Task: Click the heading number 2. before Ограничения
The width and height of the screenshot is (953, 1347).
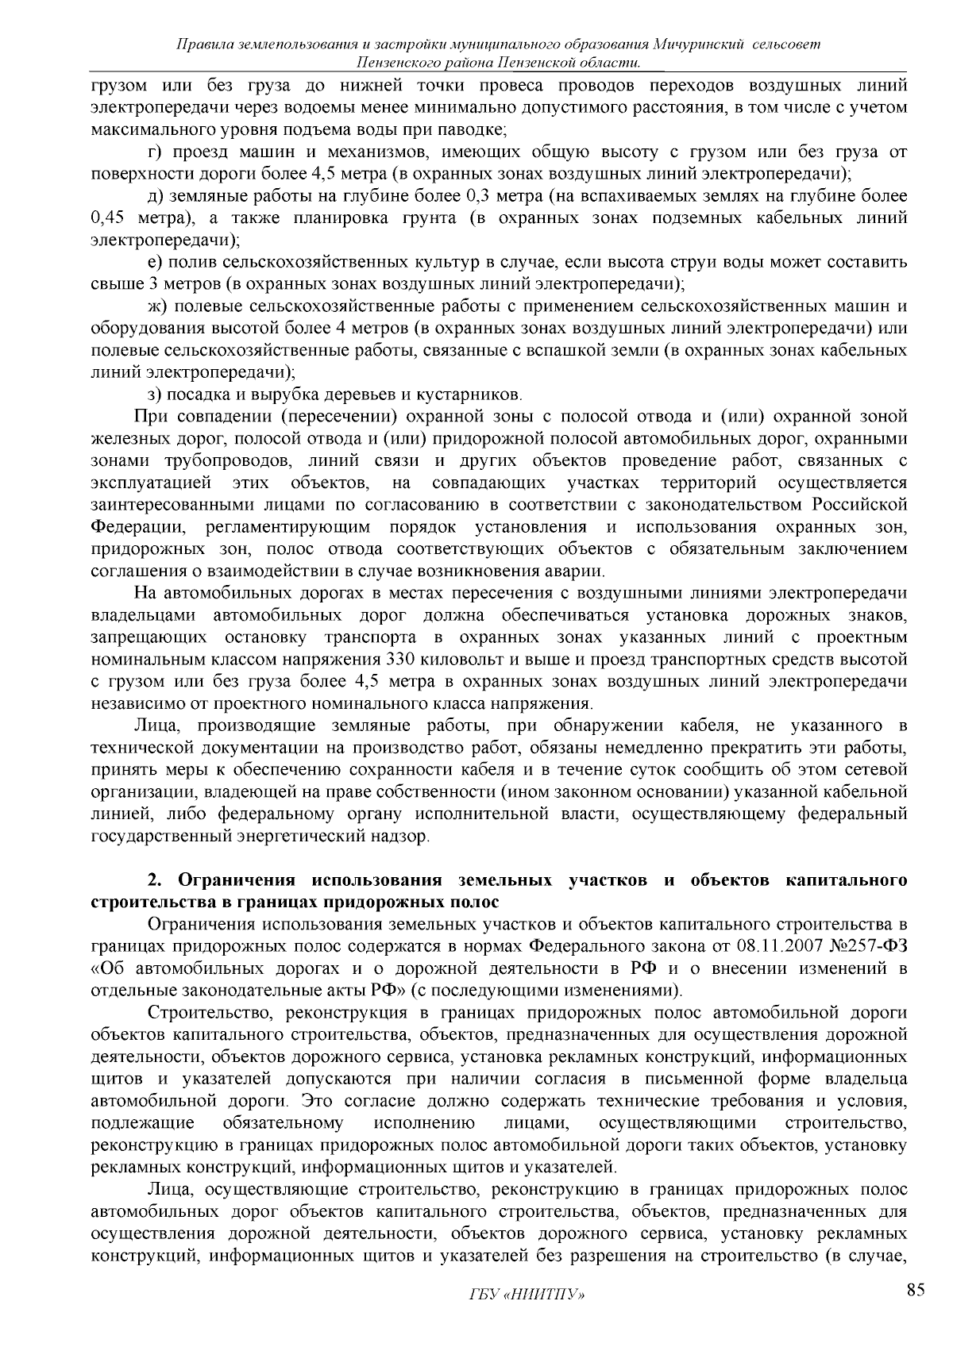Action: [155, 880]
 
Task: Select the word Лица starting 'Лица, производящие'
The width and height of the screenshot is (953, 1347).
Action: [156, 725]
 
